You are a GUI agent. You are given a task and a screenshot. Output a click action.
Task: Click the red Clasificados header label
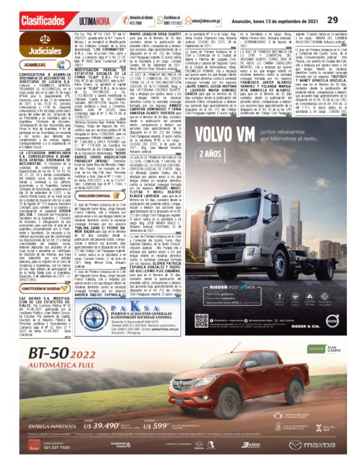[41, 20]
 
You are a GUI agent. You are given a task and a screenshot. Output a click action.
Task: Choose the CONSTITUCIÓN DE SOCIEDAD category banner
[40, 288]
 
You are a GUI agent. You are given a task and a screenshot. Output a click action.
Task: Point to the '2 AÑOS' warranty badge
[213, 153]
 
